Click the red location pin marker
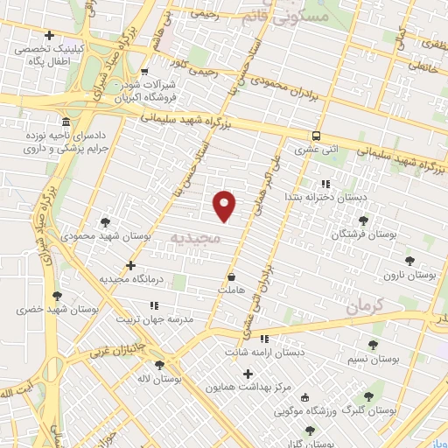pyautogui.click(x=225, y=206)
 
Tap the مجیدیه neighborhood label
pyautogui.click(x=194, y=237)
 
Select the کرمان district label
pyautogui.click(x=365, y=306)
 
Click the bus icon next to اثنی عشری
pyautogui.click(x=316, y=136)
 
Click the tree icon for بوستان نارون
pyautogui.click(x=409, y=260)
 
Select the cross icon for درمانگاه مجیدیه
pyautogui.click(x=130, y=265)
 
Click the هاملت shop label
pyautogui.click(x=232, y=290)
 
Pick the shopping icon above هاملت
pyautogui.click(x=231, y=276)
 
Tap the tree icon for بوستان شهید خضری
pyautogui.click(x=58, y=296)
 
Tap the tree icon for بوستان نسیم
pyautogui.click(x=374, y=345)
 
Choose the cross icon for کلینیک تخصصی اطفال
pyautogui.click(x=49, y=36)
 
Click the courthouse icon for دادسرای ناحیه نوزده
pyautogui.click(x=66, y=121)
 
